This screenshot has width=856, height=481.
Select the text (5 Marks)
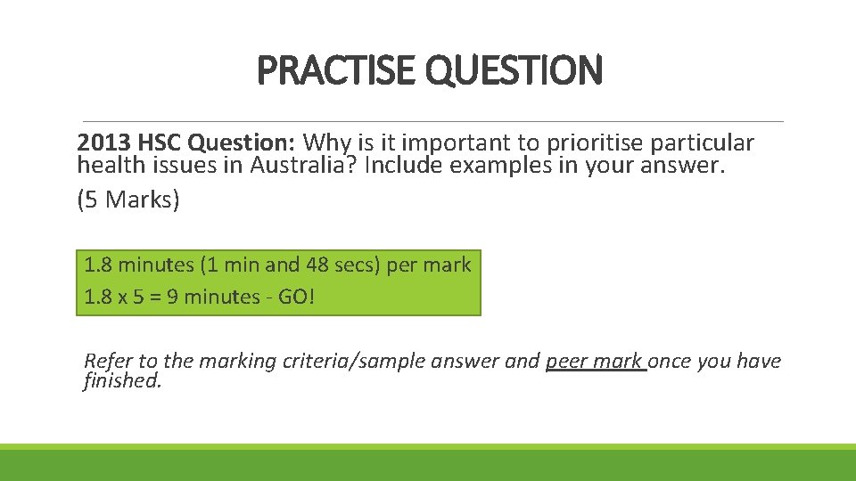click(128, 200)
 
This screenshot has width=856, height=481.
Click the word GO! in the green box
click(296, 297)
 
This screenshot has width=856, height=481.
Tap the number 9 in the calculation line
click(188, 297)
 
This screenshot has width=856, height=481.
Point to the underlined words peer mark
click(595, 361)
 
